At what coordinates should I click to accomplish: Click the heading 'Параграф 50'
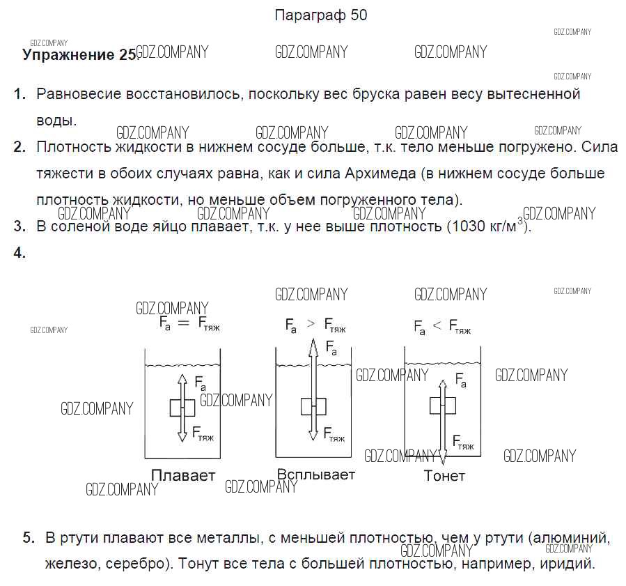pyautogui.click(x=320, y=15)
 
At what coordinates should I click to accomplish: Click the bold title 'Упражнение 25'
pyautogui.click(x=79, y=55)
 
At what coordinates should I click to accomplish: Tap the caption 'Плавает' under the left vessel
pyautogui.click(x=183, y=475)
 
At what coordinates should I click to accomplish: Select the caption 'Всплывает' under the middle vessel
pyautogui.click(x=316, y=475)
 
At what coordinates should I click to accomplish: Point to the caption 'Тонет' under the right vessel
pyautogui.click(x=444, y=476)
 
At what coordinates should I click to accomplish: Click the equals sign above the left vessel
pyautogui.click(x=183, y=323)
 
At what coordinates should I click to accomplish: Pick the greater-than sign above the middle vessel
pyautogui.click(x=311, y=324)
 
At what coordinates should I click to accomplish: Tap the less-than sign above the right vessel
pyautogui.click(x=437, y=325)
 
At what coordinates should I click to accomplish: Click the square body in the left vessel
pyautogui.click(x=182, y=408)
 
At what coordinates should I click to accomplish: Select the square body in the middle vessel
pyautogui.click(x=313, y=407)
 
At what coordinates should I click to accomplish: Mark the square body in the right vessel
pyautogui.click(x=443, y=406)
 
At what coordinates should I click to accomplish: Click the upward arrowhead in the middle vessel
pyautogui.click(x=313, y=348)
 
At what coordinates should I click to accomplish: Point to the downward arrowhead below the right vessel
pyautogui.click(x=443, y=456)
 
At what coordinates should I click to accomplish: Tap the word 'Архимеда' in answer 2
pyautogui.click(x=380, y=174)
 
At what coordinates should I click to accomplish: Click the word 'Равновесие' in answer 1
pyautogui.click(x=79, y=94)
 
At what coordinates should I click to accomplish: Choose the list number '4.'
pyautogui.click(x=19, y=252)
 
